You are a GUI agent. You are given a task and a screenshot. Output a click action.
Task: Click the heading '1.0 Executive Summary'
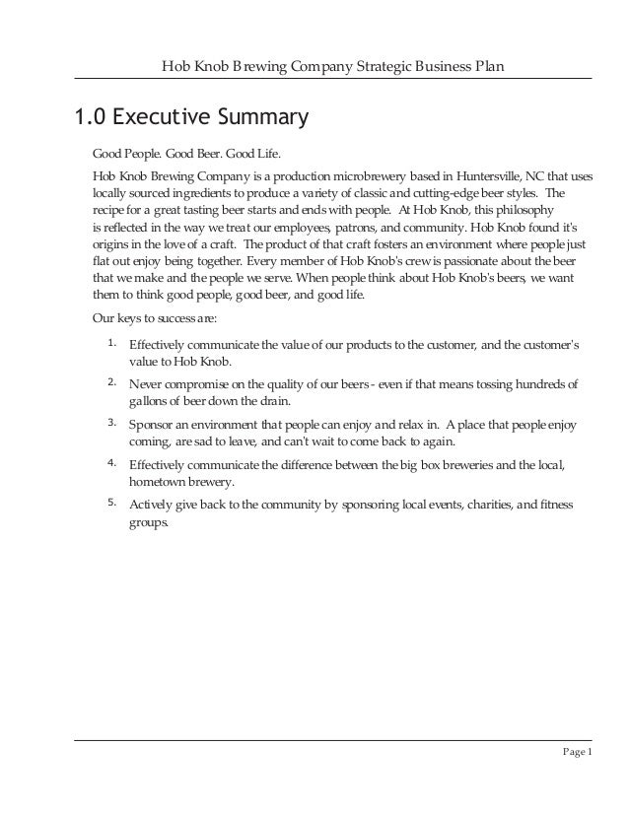click(x=186, y=119)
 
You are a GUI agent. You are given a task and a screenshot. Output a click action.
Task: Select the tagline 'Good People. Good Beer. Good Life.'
click(x=187, y=155)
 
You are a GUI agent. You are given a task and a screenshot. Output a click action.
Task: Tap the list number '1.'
click(x=112, y=343)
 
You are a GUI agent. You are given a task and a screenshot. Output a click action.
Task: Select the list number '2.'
click(x=112, y=380)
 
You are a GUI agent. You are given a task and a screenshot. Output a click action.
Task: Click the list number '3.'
click(x=112, y=422)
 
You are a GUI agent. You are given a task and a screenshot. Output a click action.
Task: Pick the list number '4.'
click(x=112, y=461)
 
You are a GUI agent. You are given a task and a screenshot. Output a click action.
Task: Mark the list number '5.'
click(x=112, y=503)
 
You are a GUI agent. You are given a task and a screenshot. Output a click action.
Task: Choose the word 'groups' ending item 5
click(x=149, y=523)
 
